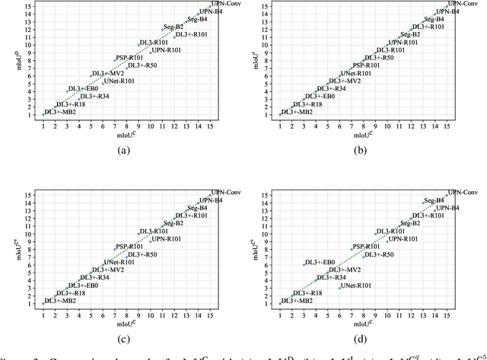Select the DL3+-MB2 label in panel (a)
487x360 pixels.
click(61, 112)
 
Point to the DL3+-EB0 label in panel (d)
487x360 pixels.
click(323, 262)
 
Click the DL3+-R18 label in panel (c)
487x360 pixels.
click(71, 293)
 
